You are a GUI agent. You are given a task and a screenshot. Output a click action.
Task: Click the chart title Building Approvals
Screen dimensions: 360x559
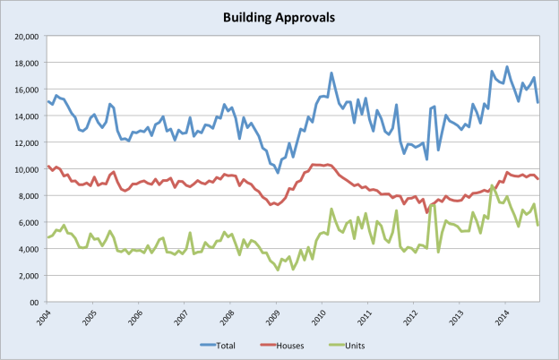tap(279, 17)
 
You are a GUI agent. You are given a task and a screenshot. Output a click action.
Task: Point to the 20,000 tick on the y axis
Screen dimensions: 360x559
tap(23, 37)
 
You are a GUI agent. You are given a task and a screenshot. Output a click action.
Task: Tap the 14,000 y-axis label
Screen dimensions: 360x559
tap(23, 116)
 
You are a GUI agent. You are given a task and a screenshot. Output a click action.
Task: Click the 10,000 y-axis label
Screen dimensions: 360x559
tap(23, 169)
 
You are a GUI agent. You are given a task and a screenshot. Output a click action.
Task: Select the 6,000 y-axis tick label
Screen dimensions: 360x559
tap(26, 222)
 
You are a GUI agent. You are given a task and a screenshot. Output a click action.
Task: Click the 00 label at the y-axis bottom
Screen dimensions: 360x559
tap(31, 302)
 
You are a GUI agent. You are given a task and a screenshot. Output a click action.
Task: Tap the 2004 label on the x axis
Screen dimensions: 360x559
tap(45, 317)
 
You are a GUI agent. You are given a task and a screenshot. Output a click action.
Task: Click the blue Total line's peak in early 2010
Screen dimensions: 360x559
tap(331, 73)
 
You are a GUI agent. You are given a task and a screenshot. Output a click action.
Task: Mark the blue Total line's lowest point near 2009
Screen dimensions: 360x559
tap(278, 173)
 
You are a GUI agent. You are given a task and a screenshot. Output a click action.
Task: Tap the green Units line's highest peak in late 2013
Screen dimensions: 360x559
tap(492, 186)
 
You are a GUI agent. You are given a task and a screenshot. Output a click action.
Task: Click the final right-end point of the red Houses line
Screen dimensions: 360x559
tap(537, 179)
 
